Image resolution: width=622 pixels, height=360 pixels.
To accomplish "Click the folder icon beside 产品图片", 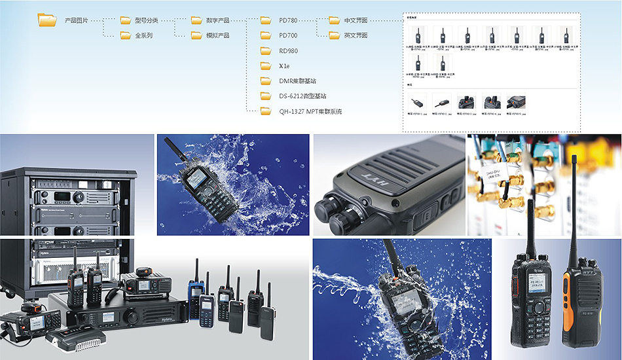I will coord(48,20).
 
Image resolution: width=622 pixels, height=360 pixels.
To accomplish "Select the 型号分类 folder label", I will coord(146,20).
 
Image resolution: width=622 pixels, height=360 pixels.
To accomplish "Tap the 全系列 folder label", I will coord(143,35).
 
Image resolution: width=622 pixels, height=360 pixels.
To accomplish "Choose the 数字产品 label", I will coord(217,20).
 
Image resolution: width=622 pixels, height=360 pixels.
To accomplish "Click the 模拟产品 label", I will coord(217,35).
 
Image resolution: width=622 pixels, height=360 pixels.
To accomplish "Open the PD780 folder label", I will coord(288,20).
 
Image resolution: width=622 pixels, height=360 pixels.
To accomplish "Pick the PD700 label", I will coord(288,35).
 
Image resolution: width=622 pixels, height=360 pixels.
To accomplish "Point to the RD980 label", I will coord(288,50).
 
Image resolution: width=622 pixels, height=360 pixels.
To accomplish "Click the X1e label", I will coord(284,66).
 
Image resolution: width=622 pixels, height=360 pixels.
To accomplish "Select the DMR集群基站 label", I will coord(297,81).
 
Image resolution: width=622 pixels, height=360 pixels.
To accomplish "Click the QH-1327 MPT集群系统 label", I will coord(310,111).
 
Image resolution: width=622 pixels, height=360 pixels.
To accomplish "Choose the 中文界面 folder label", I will coord(356,20).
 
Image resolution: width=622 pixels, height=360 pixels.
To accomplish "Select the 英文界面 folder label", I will coord(356,35).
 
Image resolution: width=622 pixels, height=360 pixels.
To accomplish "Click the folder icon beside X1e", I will coord(266,66).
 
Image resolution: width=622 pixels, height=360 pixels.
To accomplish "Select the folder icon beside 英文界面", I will coord(334,35).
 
